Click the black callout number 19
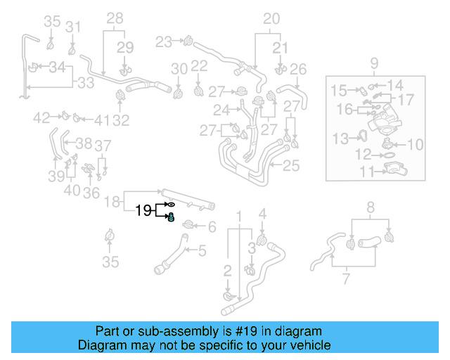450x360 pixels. tap(143, 210)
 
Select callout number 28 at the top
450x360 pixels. tap(114, 18)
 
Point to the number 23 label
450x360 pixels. tap(164, 42)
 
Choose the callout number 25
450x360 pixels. tap(291, 167)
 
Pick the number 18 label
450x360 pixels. tap(112, 202)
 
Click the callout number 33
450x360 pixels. tap(85, 83)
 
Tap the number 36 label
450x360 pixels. tap(91, 193)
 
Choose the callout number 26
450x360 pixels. tap(298, 69)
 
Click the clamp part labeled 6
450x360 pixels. tap(188, 225)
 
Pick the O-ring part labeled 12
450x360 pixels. tap(387, 154)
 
